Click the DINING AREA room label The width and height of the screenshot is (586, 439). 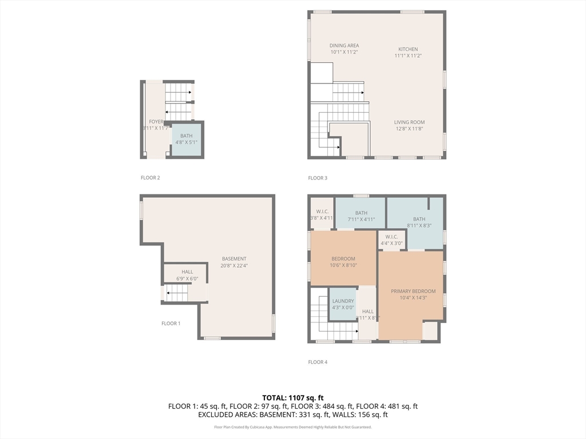344,46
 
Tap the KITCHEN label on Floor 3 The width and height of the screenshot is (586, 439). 408,49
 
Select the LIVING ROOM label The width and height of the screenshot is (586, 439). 409,122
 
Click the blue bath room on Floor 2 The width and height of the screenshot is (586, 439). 187,139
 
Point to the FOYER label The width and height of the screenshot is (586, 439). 156,122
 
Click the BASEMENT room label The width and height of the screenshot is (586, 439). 234,259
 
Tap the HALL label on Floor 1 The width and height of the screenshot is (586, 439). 187,272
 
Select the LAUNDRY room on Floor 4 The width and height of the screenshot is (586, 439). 343,304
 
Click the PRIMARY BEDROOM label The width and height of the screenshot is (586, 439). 413,291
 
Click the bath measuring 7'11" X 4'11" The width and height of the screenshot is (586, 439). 361,213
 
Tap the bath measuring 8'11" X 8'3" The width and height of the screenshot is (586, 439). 419,219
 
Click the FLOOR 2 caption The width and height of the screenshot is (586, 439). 151,178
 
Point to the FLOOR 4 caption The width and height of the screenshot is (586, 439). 318,362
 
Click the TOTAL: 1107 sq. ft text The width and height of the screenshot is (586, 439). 293,397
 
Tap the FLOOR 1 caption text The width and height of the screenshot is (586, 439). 171,324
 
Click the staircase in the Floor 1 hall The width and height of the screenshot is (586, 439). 177,294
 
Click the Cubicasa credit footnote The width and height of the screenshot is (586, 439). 293,427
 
